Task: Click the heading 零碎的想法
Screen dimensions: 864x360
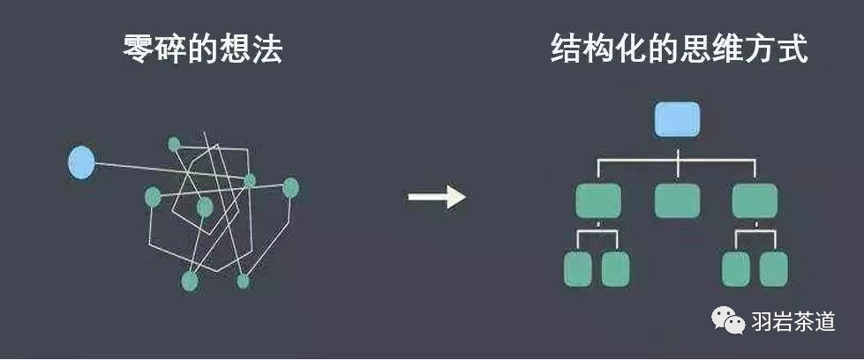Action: (202, 49)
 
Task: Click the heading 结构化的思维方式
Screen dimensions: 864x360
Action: (678, 49)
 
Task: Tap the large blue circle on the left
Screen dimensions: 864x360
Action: (81, 162)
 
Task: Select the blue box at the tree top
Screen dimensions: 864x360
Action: (677, 119)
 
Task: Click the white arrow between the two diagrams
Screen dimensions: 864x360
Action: (436, 196)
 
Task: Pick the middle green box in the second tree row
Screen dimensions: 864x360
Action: (677, 201)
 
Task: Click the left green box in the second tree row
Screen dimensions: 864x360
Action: (597, 201)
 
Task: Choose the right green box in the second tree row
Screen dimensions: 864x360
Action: (755, 201)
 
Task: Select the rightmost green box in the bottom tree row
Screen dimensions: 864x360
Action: (774, 269)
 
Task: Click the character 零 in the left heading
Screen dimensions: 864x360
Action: (139, 49)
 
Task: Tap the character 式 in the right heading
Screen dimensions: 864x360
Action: (792, 49)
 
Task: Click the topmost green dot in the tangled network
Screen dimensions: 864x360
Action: (174, 143)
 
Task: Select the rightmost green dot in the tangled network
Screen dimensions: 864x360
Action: (290, 187)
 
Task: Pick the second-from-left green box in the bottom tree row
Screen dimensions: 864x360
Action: (616, 269)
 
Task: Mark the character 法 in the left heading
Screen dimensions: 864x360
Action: (267, 49)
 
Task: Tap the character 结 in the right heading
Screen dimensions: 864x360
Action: (566, 49)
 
